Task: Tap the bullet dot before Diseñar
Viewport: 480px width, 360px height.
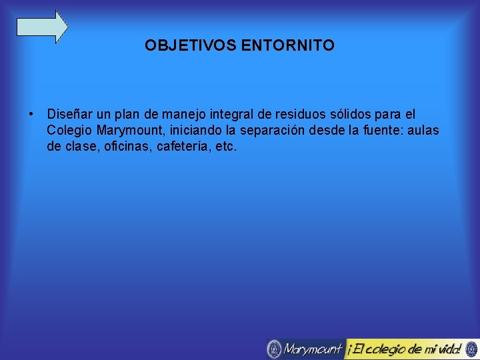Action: [31, 115]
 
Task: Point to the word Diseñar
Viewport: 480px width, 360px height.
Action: [70, 115]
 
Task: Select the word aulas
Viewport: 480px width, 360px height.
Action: [422, 130]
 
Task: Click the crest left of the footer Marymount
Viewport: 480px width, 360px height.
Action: [274, 349]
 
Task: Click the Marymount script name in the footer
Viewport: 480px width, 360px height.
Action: [313, 349]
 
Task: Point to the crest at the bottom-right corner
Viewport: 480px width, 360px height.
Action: [471, 349]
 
